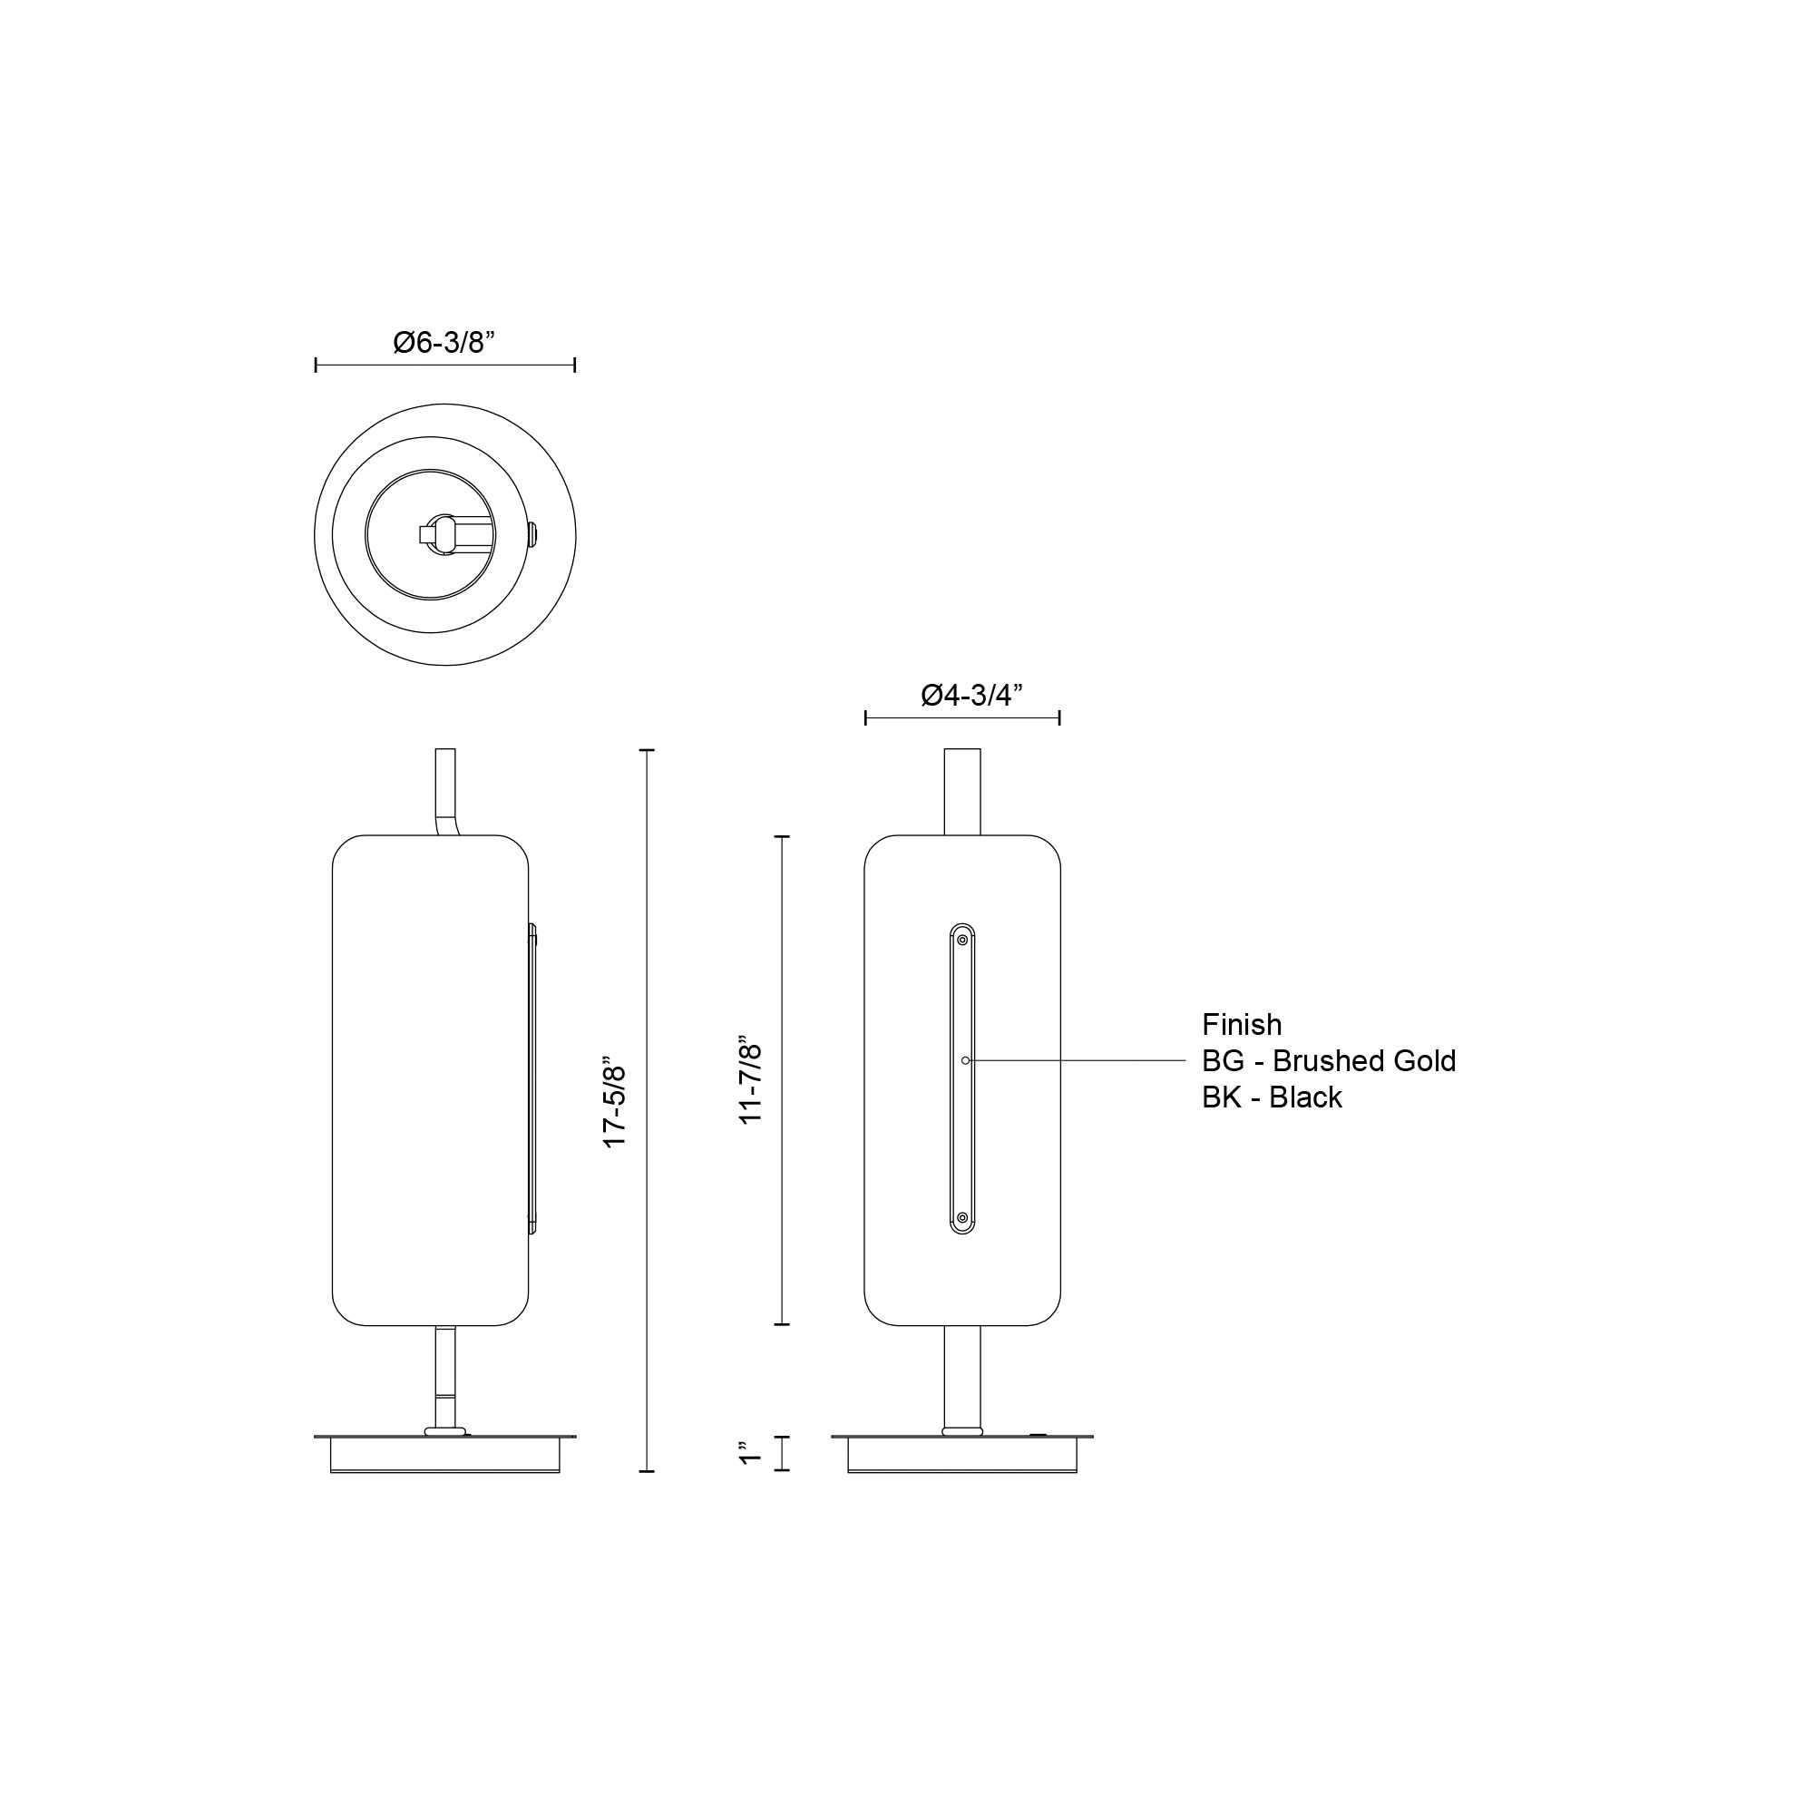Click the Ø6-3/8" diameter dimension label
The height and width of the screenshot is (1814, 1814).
[444, 343]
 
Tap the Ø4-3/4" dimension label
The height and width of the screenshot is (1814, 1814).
[970, 695]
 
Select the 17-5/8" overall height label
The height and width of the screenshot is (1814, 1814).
[615, 1106]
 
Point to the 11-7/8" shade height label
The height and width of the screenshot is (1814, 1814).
[751, 1081]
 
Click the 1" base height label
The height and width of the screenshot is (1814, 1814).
[748, 1452]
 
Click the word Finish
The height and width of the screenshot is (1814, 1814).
[1242, 1024]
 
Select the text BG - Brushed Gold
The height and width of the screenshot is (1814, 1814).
[1329, 1061]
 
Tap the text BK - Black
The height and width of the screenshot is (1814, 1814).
[1272, 1097]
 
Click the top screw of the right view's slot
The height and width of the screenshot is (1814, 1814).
[962, 937]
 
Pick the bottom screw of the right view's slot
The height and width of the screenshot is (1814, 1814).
[962, 1218]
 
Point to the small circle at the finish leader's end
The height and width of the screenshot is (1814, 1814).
[965, 1060]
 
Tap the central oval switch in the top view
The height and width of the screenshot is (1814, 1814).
[445, 534]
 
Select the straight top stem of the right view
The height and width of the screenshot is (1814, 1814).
[962, 791]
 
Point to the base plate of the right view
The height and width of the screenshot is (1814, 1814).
[962, 1453]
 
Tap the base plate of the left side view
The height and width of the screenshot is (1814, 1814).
[445, 1453]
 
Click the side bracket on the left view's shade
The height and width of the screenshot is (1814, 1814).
[532, 1078]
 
